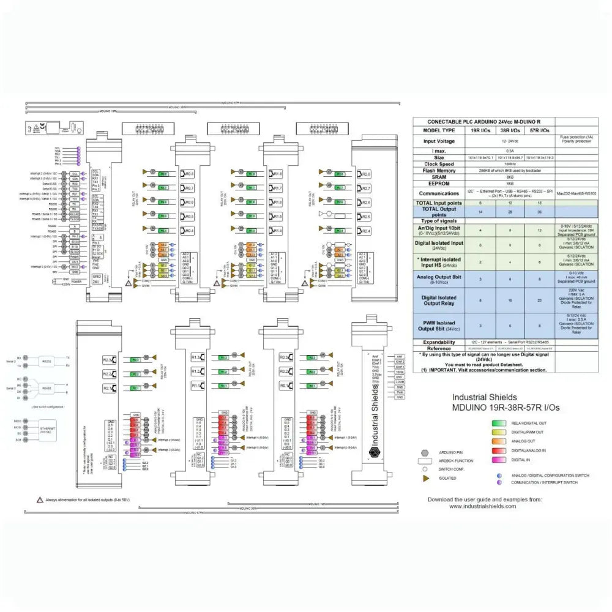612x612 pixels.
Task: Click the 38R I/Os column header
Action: click(x=510, y=130)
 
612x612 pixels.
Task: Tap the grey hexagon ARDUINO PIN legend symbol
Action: click(x=424, y=452)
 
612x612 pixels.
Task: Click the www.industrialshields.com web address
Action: click(x=483, y=506)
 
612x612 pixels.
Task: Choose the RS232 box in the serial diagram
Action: click(x=47, y=361)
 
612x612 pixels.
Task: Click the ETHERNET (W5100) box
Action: click(x=47, y=431)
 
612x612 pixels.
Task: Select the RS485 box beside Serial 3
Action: click(x=47, y=388)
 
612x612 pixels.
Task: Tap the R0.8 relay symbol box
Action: click(x=188, y=174)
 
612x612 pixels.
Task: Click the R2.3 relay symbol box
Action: click(x=108, y=360)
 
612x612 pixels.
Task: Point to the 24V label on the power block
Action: click(x=96, y=282)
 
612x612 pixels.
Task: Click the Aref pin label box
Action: click(x=399, y=356)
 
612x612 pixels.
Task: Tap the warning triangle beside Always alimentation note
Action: click(x=40, y=500)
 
